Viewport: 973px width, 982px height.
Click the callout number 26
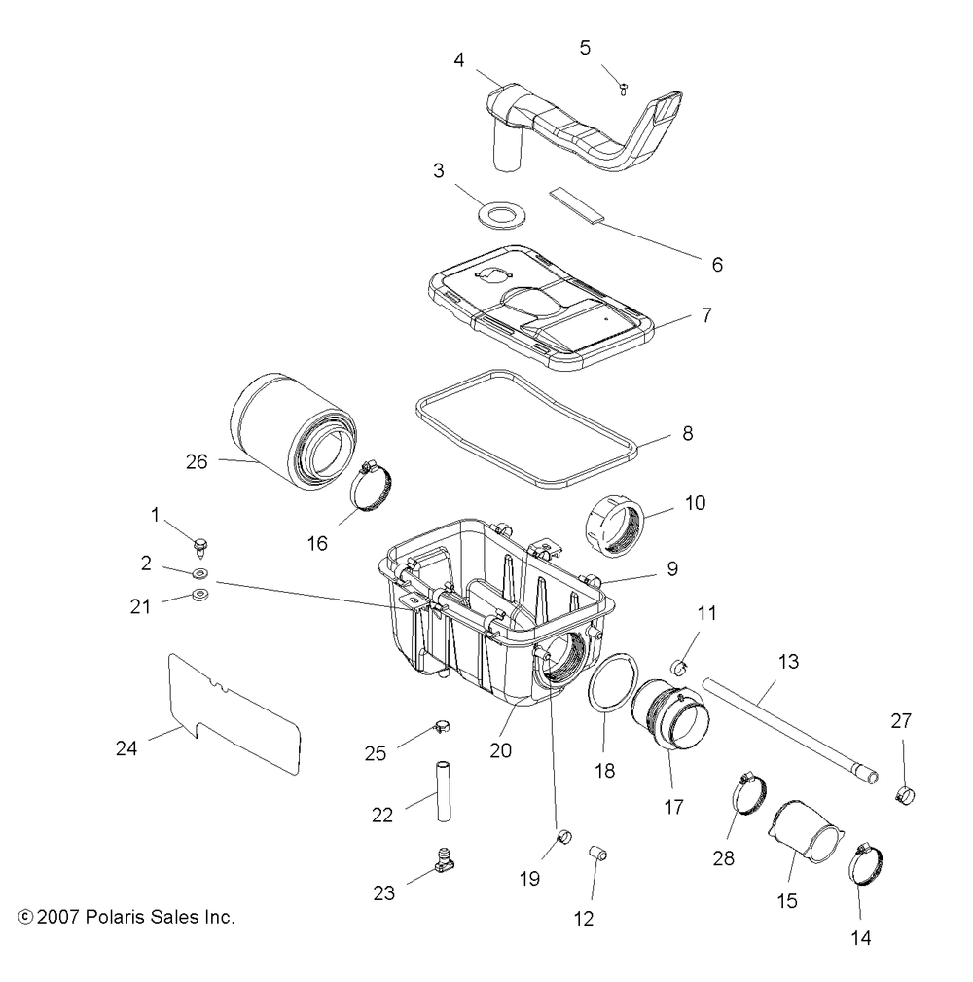coord(197,462)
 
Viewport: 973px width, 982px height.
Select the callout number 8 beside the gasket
coord(687,434)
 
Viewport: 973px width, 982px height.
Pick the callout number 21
coord(141,606)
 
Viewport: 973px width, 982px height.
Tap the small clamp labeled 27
coord(905,792)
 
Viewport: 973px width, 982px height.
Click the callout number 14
coord(860,938)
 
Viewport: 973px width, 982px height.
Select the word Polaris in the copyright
coord(120,917)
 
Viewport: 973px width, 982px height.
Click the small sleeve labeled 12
coord(599,855)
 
